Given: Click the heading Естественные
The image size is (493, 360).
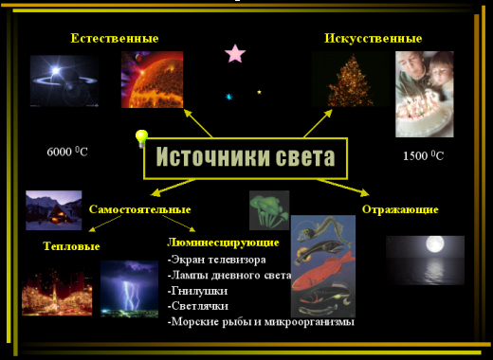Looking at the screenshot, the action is click(x=115, y=38).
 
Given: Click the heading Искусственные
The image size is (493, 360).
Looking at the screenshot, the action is click(x=374, y=39).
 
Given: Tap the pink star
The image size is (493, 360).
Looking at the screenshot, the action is click(x=235, y=53).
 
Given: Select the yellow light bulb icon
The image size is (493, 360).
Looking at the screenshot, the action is click(x=141, y=138).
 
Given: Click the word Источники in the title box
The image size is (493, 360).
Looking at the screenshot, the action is click(x=213, y=156).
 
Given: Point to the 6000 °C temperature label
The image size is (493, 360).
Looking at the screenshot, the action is click(x=67, y=152).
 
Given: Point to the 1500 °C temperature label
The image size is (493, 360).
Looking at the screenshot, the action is click(x=423, y=155).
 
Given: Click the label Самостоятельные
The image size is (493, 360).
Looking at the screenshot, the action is click(x=139, y=209).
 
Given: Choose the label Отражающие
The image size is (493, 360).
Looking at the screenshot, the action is click(x=400, y=209).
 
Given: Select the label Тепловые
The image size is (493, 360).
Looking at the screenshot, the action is click(x=71, y=246).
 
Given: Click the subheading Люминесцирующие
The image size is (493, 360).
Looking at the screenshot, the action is click(x=223, y=243).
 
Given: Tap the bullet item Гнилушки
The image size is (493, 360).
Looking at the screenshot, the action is click(x=197, y=291).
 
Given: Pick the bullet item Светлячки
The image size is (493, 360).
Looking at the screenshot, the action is click(x=198, y=306).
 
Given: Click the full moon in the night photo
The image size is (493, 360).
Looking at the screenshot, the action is click(x=435, y=244).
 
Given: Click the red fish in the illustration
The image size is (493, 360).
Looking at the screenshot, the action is click(x=322, y=271).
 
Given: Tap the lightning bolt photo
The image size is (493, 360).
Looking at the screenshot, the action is click(x=129, y=289).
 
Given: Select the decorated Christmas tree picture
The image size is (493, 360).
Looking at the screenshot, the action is click(x=350, y=80).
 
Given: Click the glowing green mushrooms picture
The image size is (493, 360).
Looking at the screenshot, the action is click(x=269, y=210).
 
